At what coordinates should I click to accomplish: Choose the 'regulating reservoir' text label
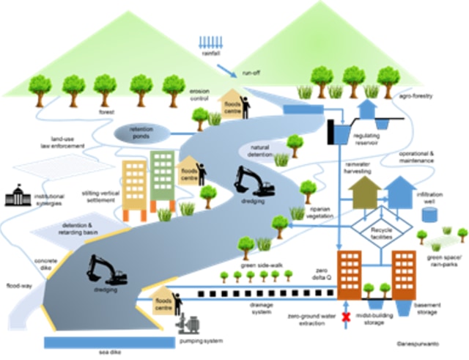[x=371, y=139]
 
